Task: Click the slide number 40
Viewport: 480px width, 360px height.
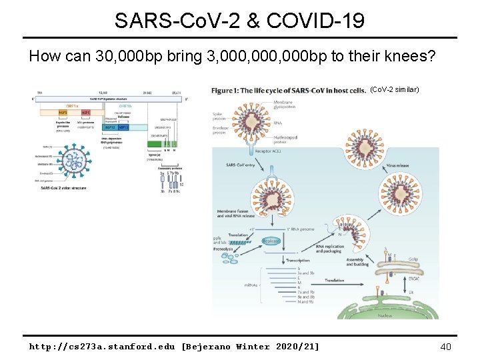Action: (x=446, y=346)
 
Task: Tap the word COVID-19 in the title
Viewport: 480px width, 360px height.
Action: (x=315, y=21)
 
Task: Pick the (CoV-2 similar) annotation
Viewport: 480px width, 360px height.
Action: (x=394, y=89)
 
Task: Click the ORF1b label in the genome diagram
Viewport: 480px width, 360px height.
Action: (x=125, y=105)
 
